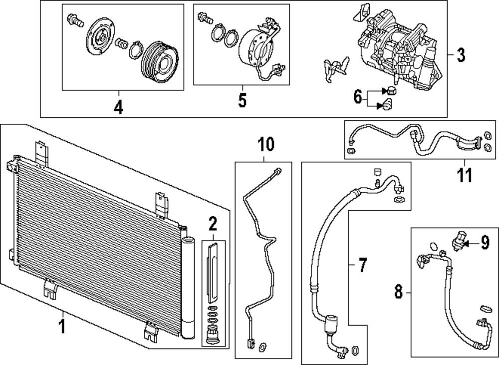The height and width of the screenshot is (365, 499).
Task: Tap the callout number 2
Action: click(x=213, y=224)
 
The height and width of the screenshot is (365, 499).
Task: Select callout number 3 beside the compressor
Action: click(x=461, y=55)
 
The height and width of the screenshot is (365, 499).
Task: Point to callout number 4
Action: click(x=118, y=106)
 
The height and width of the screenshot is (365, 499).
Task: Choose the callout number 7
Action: click(x=363, y=265)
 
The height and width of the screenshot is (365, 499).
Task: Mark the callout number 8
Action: click(x=398, y=292)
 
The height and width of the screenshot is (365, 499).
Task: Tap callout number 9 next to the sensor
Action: click(x=485, y=243)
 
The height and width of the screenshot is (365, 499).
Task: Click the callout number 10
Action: click(x=266, y=144)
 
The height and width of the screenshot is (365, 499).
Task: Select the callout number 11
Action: click(x=465, y=175)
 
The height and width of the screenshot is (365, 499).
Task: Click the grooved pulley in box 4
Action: click(x=160, y=62)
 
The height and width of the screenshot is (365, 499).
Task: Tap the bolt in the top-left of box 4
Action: click(x=75, y=20)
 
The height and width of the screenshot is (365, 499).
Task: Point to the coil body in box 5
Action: click(x=255, y=49)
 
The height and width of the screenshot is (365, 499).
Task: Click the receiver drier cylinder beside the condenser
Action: click(x=188, y=287)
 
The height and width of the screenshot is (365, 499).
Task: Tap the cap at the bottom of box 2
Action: click(x=213, y=336)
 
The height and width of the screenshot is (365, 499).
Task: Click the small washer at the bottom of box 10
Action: click(x=263, y=346)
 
